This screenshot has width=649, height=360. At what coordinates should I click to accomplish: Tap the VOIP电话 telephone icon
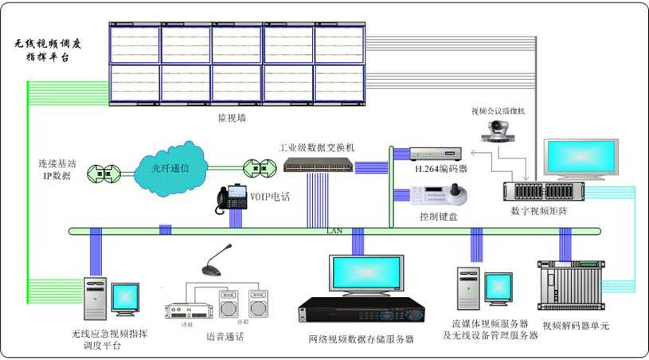(x=230, y=200)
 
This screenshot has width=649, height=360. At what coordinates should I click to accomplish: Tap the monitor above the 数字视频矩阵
(x=581, y=159)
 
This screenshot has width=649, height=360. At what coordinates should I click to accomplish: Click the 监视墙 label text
(x=229, y=117)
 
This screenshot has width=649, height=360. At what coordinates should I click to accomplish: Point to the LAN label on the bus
(x=334, y=231)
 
